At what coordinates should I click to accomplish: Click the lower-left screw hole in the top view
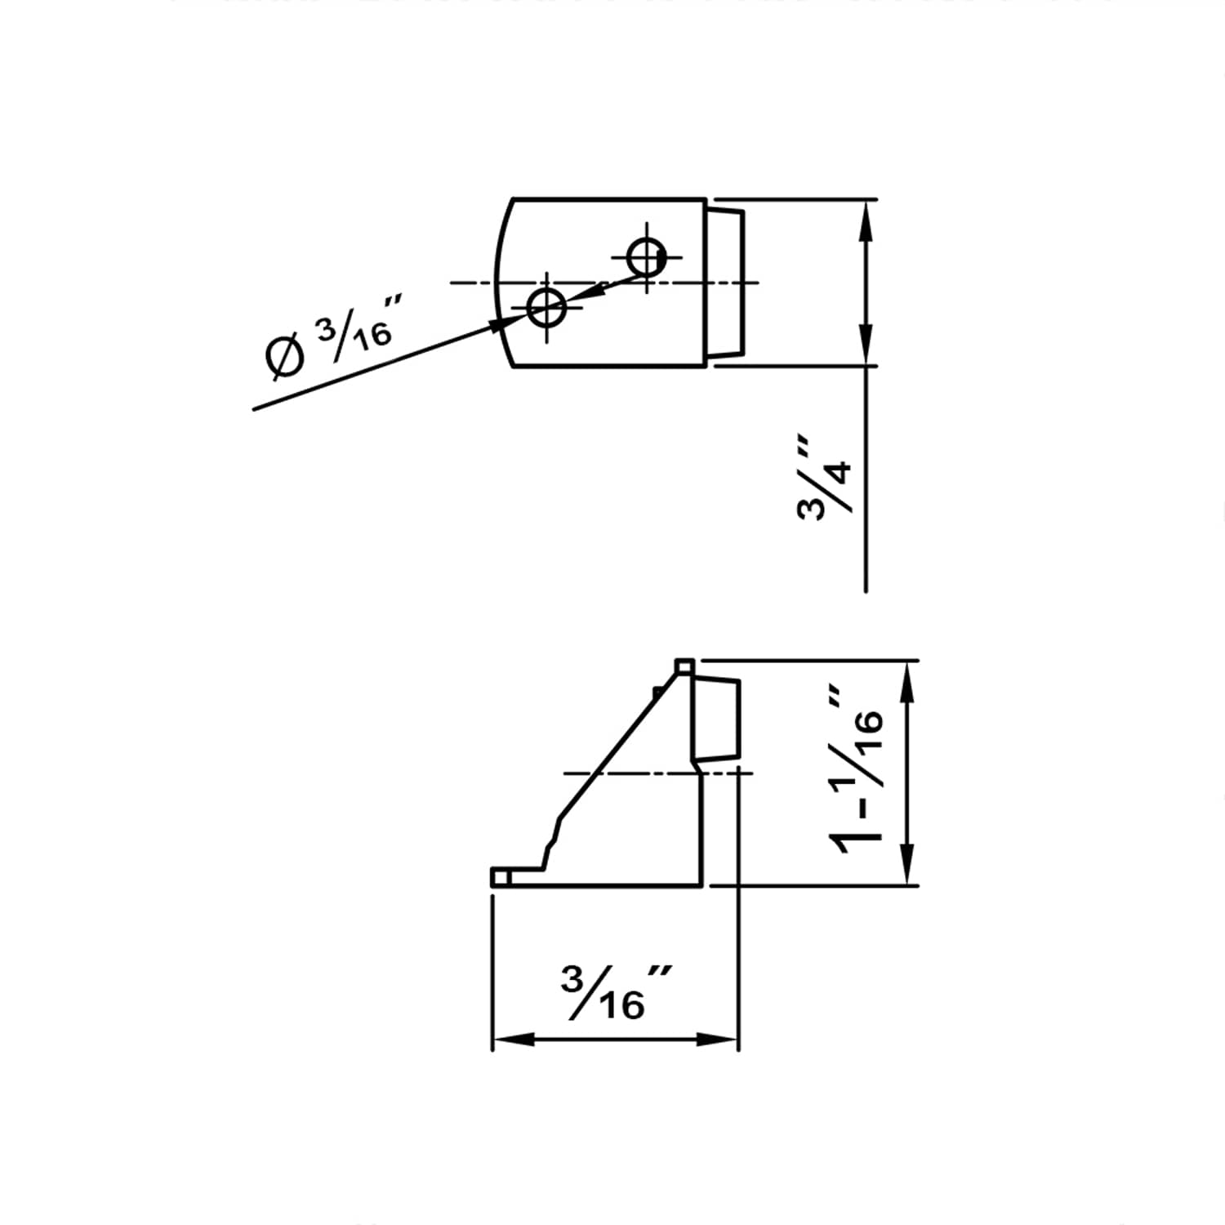(x=546, y=307)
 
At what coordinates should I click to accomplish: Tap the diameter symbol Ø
(x=285, y=357)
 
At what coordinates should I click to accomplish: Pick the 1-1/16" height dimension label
(x=857, y=772)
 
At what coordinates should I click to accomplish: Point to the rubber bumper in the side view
(x=717, y=719)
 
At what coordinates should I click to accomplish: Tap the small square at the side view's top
(x=684, y=667)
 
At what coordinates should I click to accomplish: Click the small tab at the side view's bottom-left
(x=501, y=877)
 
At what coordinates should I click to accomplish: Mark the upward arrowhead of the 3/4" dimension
(x=866, y=220)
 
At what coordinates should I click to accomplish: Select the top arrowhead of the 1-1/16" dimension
(x=906, y=682)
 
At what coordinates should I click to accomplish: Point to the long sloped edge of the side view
(x=621, y=743)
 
